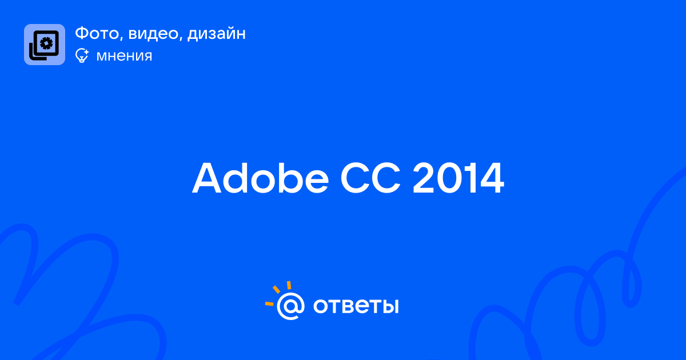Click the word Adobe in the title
coord(260,178)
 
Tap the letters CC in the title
coord(370,178)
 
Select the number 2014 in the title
coord(458,178)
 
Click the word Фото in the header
coord(97,33)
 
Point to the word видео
coord(153,34)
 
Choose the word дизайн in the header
coord(217,34)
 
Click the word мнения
coord(124,56)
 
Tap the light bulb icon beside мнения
coord(82,55)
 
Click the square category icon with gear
coord(45,45)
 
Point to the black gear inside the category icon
coord(46,43)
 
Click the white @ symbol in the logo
coord(290,306)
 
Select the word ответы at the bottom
coord(356,306)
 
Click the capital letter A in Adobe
coord(207,178)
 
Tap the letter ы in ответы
coord(390,306)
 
